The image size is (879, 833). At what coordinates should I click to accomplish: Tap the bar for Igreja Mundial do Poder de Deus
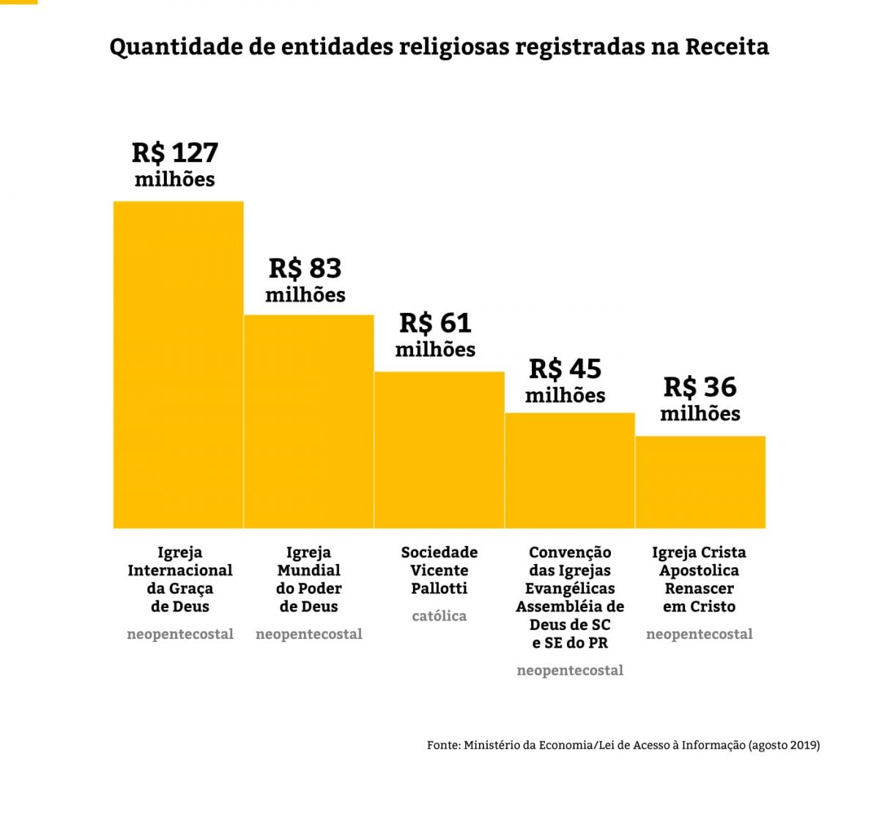coord(308,421)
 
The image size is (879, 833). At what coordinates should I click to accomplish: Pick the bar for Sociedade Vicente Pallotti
coord(439,450)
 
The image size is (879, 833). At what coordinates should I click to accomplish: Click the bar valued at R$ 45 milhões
coord(569,470)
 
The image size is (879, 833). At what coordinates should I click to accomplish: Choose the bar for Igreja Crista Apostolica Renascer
coord(700,482)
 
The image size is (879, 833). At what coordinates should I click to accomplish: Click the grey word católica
coord(439,616)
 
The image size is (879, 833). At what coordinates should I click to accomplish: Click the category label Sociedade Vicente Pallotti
coord(439,570)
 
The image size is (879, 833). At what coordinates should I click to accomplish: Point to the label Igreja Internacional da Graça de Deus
coord(179,579)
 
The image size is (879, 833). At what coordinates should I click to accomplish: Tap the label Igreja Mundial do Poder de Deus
coord(308,579)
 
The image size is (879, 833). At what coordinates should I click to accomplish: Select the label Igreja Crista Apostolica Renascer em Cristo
coord(699,579)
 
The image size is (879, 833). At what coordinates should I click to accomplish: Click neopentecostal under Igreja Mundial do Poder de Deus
coord(308,634)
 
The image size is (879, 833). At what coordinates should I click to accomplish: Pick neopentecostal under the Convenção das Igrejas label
coord(570,670)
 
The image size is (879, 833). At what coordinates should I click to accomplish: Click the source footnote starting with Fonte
coord(623,745)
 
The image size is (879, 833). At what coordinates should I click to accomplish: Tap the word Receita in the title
coord(727,47)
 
